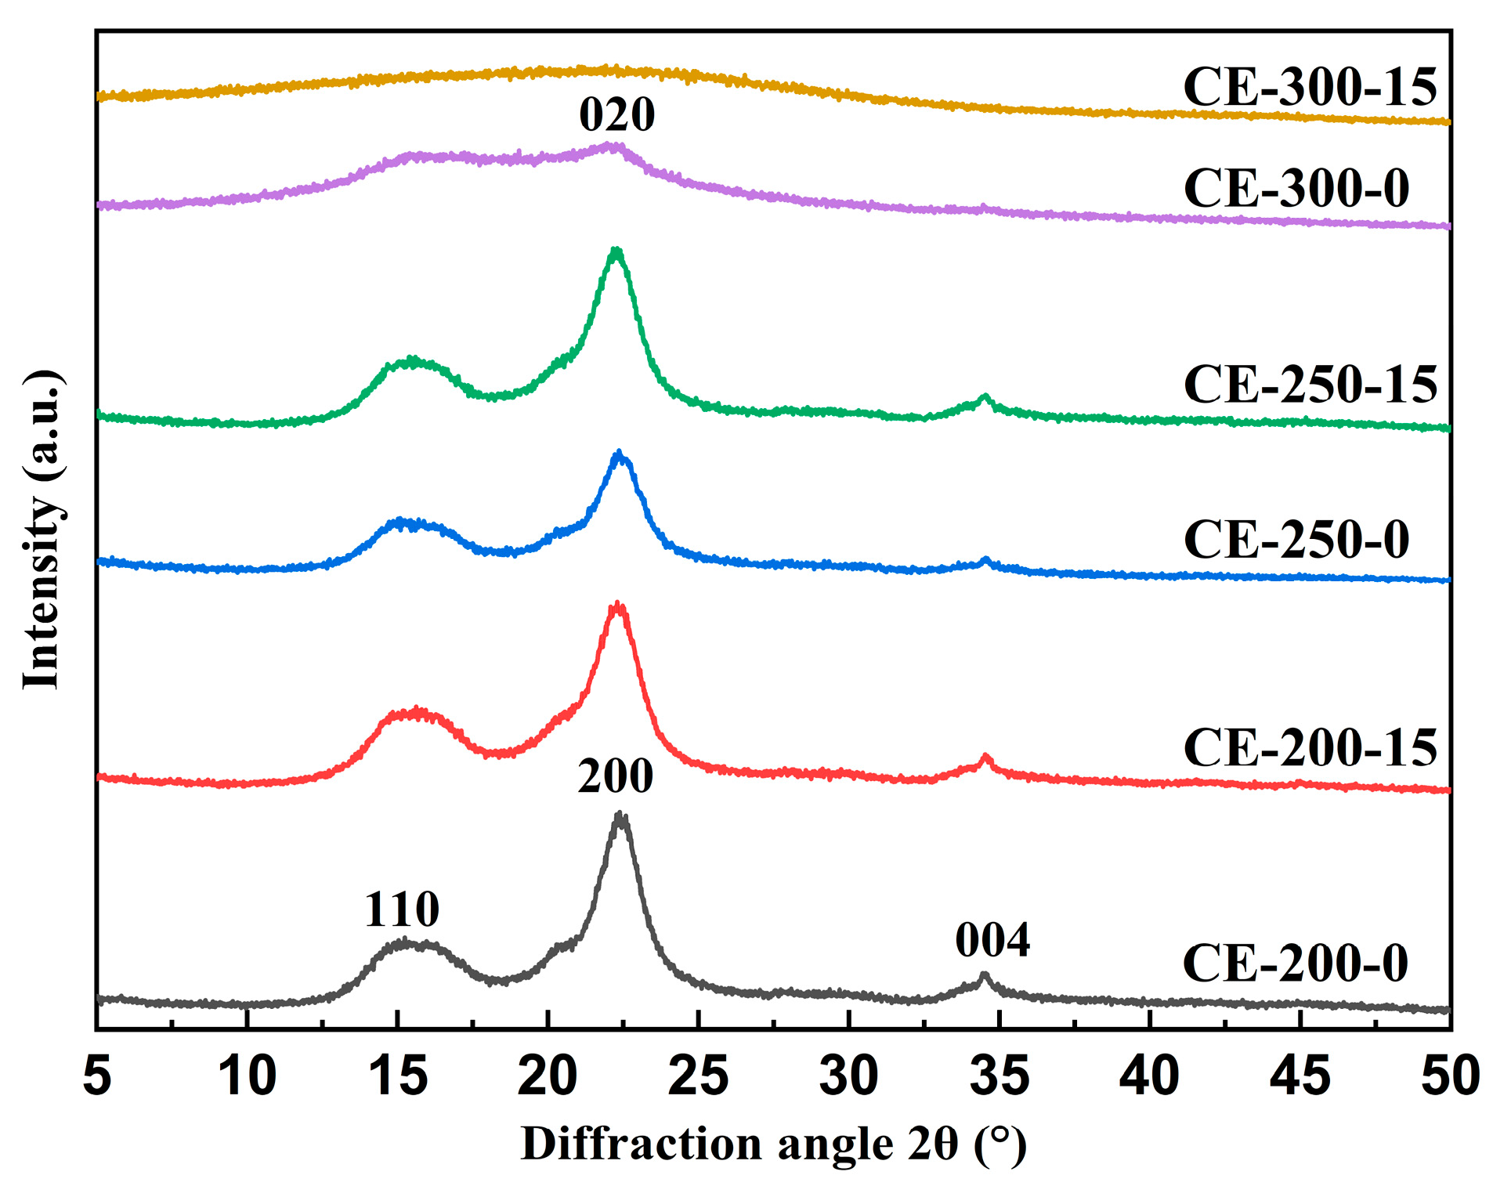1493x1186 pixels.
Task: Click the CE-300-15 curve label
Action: coord(1310,87)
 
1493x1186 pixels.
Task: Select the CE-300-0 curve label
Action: coord(1296,189)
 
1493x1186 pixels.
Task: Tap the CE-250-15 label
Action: coord(1310,385)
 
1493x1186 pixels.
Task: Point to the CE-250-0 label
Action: coord(1296,540)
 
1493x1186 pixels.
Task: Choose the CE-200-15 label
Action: coord(1310,747)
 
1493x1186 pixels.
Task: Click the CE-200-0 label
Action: coord(1295,963)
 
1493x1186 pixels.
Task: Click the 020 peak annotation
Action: coord(616,115)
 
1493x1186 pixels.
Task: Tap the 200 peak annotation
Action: coord(615,776)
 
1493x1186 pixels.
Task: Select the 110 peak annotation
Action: coord(402,909)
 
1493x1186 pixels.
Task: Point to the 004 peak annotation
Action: coord(992,940)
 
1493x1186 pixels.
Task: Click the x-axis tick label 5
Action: coord(97,1076)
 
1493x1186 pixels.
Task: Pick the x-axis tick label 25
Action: coord(698,1076)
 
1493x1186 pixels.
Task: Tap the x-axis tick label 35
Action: coord(999,1076)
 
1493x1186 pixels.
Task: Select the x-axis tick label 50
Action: coord(1450,1076)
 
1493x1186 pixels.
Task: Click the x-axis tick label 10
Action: coord(248,1076)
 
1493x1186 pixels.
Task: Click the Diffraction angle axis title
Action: coord(773,1144)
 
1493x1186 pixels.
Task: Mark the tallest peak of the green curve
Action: coord(616,251)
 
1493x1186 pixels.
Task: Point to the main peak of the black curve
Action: coord(620,815)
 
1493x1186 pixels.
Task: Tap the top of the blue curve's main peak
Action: coord(620,454)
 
